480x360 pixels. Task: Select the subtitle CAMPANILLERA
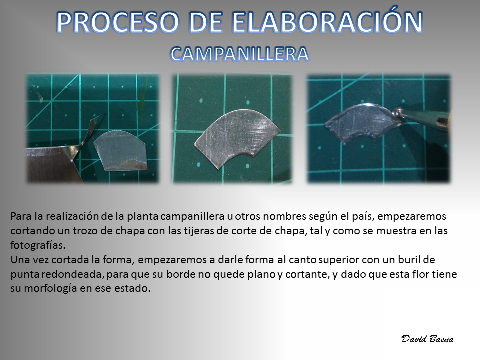[x=239, y=54]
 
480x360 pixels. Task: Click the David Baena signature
[x=427, y=339]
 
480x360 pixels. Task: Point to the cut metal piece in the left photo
[x=120, y=150]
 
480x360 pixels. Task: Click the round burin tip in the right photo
[x=397, y=113]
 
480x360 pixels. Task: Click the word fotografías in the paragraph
[x=38, y=245]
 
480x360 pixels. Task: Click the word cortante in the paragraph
[x=307, y=274]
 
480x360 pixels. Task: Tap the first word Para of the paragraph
[x=21, y=216]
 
